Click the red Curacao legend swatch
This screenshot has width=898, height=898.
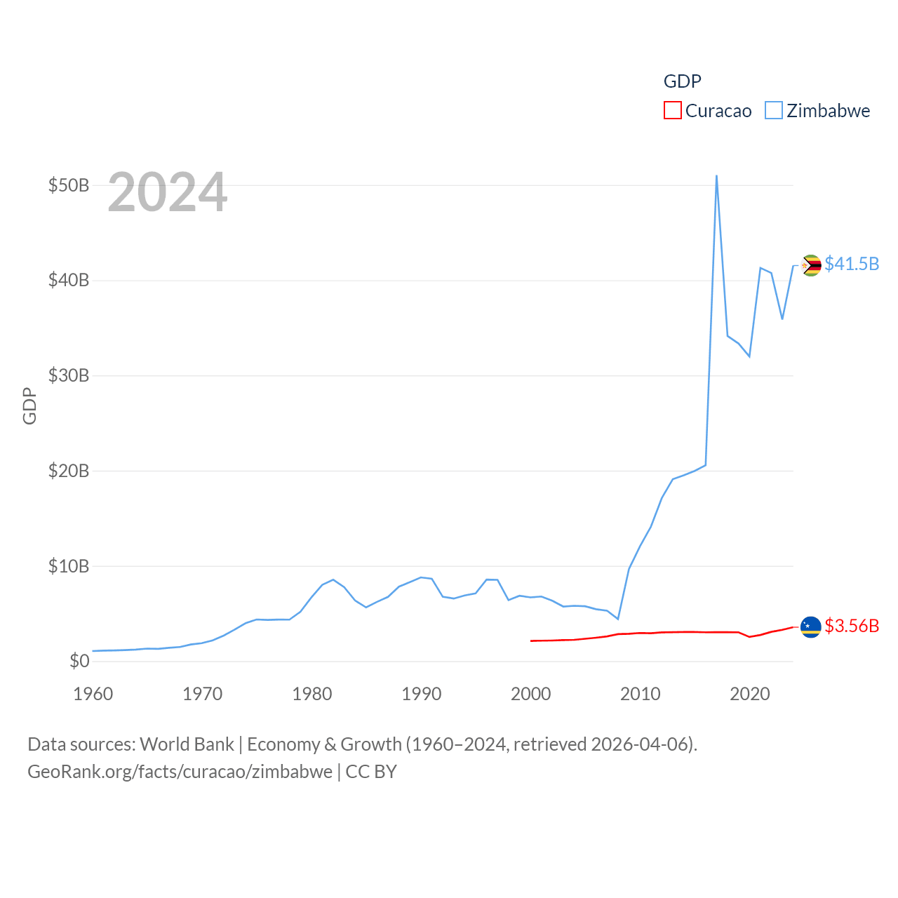click(672, 111)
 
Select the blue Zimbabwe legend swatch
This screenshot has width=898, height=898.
click(773, 111)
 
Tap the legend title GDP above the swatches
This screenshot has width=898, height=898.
click(682, 81)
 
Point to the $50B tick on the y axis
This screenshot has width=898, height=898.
click(69, 185)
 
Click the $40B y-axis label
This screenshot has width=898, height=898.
click(69, 281)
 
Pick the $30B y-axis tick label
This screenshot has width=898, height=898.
click(69, 375)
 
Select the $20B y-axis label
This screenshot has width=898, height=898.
click(69, 471)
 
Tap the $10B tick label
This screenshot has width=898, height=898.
click(69, 566)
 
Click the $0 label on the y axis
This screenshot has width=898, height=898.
click(79, 661)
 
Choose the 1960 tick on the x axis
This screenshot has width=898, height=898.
click(93, 694)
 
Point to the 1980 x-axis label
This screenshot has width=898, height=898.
click(312, 694)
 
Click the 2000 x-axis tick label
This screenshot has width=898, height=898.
click(531, 694)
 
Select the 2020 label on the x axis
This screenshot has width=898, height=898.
click(750, 694)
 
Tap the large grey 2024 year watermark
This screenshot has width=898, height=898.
click(168, 192)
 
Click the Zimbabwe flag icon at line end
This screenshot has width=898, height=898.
click(811, 265)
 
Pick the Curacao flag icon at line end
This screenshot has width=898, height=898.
click(811, 626)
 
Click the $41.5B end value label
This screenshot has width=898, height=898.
click(852, 264)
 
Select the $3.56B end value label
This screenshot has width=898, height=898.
click(852, 626)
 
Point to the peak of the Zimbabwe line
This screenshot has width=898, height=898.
click(716, 176)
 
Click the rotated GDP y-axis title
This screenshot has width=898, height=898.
click(29, 406)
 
